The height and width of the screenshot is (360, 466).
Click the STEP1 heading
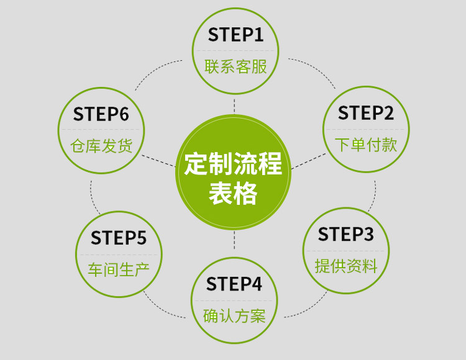click(x=235, y=35)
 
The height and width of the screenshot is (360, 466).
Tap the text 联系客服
click(x=235, y=66)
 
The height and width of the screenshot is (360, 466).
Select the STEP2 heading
click(x=365, y=113)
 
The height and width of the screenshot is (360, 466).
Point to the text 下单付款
click(x=365, y=145)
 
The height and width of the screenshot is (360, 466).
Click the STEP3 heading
click(x=345, y=235)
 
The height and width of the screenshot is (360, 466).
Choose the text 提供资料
click(x=345, y=267)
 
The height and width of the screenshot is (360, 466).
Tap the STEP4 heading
click(x=234, y=284)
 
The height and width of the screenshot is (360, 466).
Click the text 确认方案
click(x=234, y=316)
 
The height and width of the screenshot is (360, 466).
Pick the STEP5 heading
click(x=118, y=238)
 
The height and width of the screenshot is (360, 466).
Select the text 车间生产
click(x=118, y=269)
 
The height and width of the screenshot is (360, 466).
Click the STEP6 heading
click(x=101, y=114)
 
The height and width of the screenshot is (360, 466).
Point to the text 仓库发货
click(x=101, y=146)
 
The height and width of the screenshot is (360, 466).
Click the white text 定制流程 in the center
click(x=234, y=165)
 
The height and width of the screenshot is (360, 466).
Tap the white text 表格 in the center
click(x=234, y=194)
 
